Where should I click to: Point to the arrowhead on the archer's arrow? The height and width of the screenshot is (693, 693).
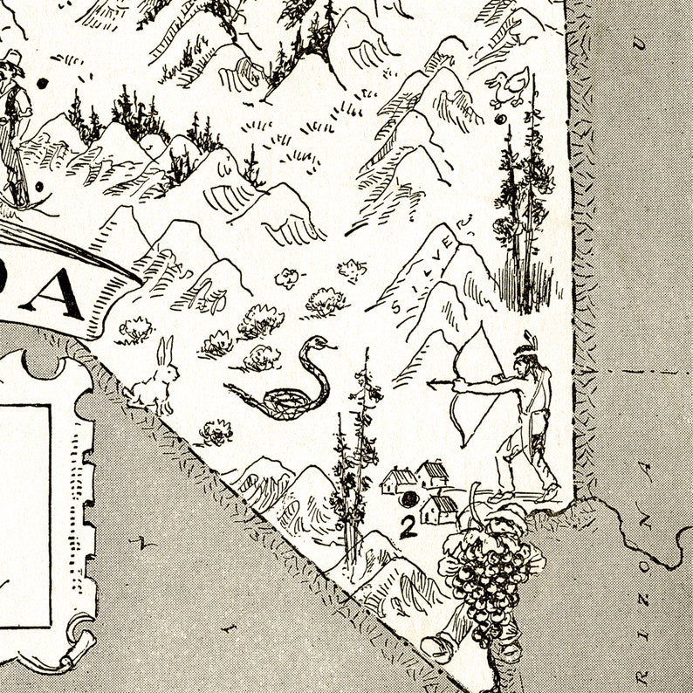point(431,381)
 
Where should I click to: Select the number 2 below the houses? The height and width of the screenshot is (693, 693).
point(407,525)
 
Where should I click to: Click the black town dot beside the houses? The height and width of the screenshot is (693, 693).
point(408,500)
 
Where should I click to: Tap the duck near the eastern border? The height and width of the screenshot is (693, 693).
point(508,88)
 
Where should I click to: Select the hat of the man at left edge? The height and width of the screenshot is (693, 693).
point(10,61)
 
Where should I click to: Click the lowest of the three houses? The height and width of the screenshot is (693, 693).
point(439,509)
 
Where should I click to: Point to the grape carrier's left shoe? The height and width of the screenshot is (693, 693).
point(437,647)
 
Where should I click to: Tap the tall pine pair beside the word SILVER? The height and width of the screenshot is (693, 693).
point(524,218)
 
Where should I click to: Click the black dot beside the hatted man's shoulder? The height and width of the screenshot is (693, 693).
point(42,84)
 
